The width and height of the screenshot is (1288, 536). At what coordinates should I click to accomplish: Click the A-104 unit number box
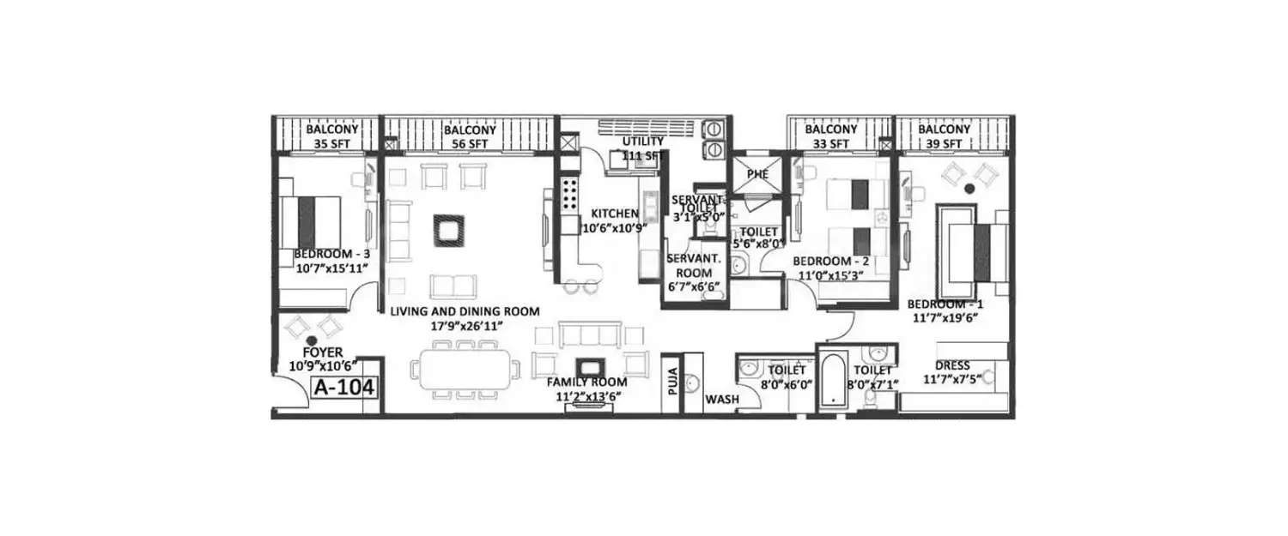(344, 387)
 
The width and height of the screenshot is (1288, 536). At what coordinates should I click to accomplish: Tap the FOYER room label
(323, 352)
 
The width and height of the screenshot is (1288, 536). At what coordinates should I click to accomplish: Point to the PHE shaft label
(757, 175)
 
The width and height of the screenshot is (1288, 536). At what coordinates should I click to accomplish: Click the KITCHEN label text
(614, 214)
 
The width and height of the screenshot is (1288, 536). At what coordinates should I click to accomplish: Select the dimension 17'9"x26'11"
(465, 326)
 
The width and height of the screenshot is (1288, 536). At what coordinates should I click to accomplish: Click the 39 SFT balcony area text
(944, 143)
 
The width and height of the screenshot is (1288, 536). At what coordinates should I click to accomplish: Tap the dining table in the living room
(465, 369)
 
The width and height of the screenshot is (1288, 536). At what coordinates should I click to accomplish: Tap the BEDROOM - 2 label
(830, 261)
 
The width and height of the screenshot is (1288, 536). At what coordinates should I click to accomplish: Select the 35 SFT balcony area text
(327, 143)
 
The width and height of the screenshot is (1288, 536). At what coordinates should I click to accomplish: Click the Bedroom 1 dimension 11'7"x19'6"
(946, 317)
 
